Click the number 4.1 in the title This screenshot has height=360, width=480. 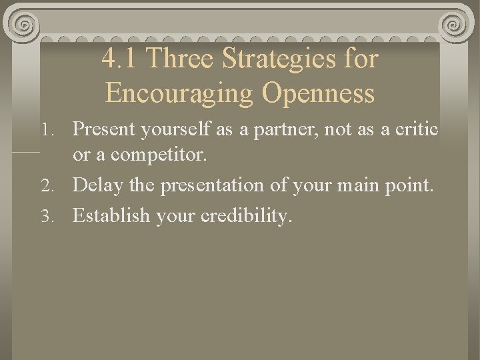[121, 59]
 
